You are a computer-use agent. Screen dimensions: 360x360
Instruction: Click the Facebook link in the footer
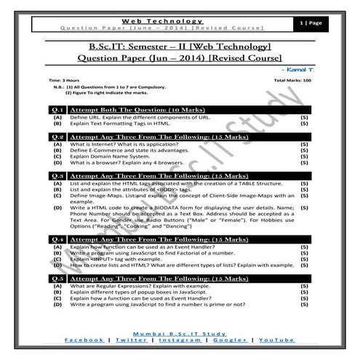pos(84,340)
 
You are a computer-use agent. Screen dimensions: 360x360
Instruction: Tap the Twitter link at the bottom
pos(129,340)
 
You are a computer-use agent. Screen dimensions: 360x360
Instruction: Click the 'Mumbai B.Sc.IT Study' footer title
pos(180,332)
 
